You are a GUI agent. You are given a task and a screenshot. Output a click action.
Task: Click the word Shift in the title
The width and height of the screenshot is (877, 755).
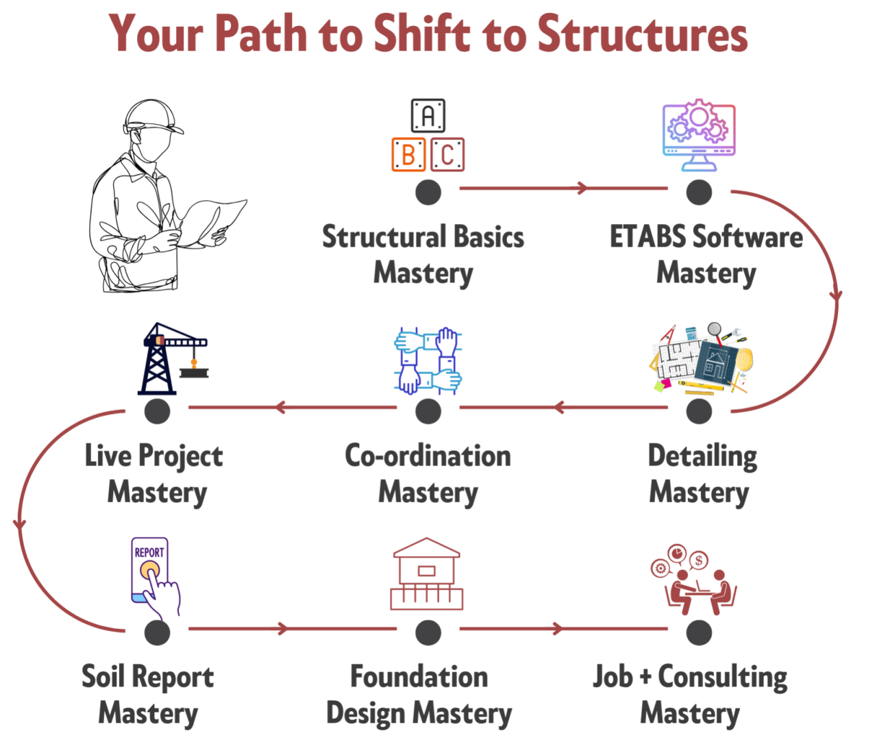(x=422, y=33)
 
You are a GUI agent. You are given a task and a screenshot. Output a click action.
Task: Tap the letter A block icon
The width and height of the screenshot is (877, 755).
(x=428, y=115)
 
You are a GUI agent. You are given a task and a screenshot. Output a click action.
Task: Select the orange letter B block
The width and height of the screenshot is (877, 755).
(x=408, y=154)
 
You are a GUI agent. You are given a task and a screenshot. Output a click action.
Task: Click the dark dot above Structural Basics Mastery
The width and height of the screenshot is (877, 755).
(x=428, y=192)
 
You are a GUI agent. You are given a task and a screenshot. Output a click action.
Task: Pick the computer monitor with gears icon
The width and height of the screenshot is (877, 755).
(x=699, y=135)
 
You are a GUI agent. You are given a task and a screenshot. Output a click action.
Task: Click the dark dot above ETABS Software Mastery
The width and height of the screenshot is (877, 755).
(x=699, y=192)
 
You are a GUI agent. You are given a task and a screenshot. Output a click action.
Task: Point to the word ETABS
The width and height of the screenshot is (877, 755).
(x=647, y=236)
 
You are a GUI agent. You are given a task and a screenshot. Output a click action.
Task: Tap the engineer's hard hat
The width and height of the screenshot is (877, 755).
(x=153, y=116)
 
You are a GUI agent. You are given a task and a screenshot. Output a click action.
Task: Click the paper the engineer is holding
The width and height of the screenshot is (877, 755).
(x=214, y=223)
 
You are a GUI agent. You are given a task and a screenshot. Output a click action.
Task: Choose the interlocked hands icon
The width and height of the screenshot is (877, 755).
(x=428, y=360)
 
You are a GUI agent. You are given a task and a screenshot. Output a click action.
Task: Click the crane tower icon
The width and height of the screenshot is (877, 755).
(x=173, y=359)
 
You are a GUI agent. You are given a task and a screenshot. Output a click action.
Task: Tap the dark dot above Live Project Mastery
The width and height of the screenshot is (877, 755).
(x=157, y=411)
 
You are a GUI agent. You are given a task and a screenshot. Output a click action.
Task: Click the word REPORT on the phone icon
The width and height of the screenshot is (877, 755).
(x=149, y=552)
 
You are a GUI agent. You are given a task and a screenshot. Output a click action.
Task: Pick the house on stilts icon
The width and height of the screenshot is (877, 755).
(x=426, y=574)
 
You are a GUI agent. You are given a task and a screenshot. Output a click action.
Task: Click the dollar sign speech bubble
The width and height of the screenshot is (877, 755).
(x=698, y=560)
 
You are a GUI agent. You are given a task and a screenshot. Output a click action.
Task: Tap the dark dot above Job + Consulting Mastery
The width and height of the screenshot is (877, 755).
(x=699, y=632)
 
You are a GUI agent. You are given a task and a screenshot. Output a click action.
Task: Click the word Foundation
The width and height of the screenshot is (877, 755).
(x=419, y=676)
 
